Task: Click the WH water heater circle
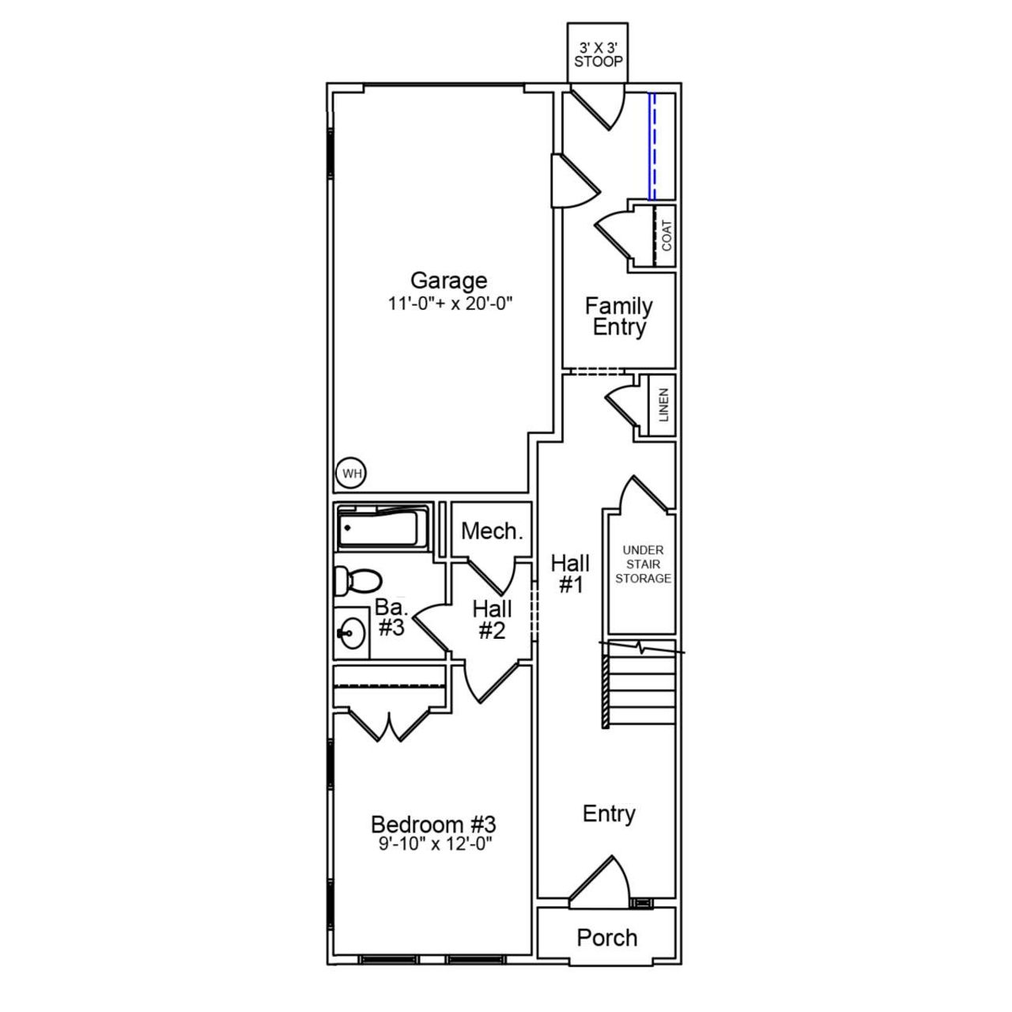click(352, 474)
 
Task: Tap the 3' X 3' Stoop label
click(598, 55)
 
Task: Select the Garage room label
click(448, 280)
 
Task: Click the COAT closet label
click(666, 236)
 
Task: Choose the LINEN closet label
click(663, 405)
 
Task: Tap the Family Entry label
click(619, 316)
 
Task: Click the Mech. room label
click(492, 531)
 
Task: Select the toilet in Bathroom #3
click(355, 580)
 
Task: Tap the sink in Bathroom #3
click(351, 632)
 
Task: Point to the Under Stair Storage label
click(643, 564)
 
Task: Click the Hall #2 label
click(492, 620)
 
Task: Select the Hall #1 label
click(570, 574)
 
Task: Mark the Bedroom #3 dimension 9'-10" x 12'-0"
click(434, 844)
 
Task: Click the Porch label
click(606, 938)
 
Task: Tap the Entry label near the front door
click(609, 814)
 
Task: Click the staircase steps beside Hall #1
click(640, 689)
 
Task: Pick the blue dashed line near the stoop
click(652, 146)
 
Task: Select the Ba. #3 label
click(391, 617)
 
